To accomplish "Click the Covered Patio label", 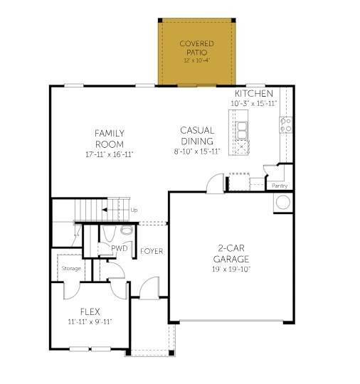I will point(196,48).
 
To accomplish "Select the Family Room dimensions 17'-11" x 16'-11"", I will point(110,154).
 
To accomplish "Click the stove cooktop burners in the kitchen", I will point(285,125).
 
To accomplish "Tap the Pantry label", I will point(280,186).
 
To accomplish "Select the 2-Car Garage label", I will point(231,254).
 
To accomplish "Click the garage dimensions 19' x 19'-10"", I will point(231,268).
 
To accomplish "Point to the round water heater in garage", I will point(283,202).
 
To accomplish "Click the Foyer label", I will point(152,251).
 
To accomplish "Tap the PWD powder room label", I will point(119,248).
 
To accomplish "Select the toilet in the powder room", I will point(127,231).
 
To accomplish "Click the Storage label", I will point(70,268).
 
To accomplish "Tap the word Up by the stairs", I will point(134,210).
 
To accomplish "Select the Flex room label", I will point(90,311).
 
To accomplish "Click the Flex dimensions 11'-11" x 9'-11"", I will point(90,322).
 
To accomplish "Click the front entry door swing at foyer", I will point(148,288).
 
